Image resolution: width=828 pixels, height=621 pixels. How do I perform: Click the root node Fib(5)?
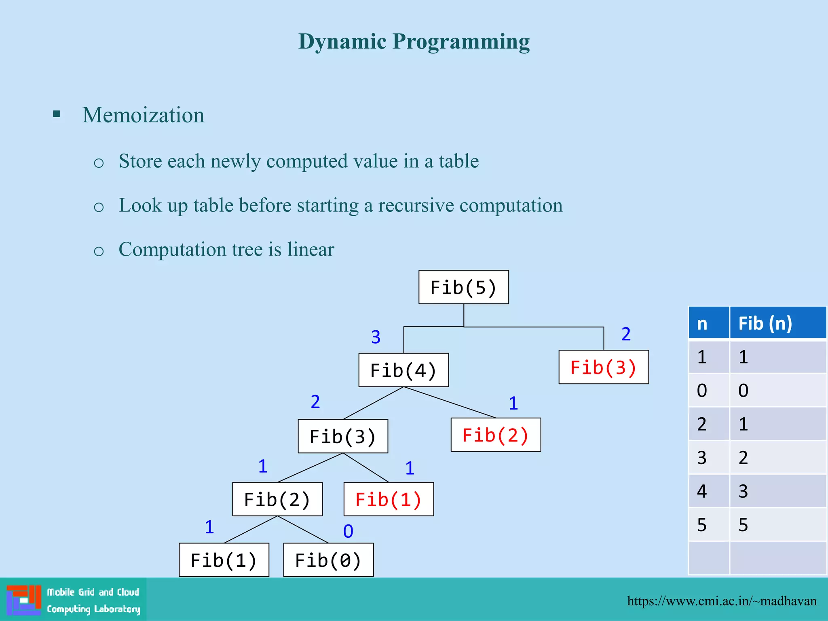click(x=463, y=287)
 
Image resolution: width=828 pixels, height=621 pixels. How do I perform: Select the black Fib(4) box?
click(x=403, y=370)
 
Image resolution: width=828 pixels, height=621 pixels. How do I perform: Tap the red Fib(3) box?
click(x=604, y=367)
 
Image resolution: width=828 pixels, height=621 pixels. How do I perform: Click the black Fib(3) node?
click(x=343, y=436)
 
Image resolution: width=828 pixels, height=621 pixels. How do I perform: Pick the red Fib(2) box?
click(x=496, y=435)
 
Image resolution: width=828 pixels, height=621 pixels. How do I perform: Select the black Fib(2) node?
click(x=277, y=499)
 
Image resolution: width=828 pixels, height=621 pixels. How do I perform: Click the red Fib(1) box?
click(x=389, y=499)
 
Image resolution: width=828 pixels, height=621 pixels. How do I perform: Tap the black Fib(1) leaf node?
click(x=224, y=560)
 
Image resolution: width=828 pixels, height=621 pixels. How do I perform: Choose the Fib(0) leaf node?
click(x=328, y=560)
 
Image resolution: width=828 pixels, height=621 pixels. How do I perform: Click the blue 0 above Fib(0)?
click(x=348, y=531)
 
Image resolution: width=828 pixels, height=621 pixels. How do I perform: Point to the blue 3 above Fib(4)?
click(x=376, y=337)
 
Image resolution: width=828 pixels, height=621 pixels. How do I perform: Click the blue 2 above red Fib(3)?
click(x=626, y=334)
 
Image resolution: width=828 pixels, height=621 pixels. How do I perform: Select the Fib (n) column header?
click(x=777, y=323)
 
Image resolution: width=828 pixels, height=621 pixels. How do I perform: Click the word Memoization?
click(x=143, y=115)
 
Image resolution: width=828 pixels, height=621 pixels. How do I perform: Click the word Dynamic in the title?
click(x=342, y=41)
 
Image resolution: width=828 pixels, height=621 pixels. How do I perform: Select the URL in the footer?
click(x=722, y=601)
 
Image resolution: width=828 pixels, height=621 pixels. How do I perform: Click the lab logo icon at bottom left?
click(x=24, y=600)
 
